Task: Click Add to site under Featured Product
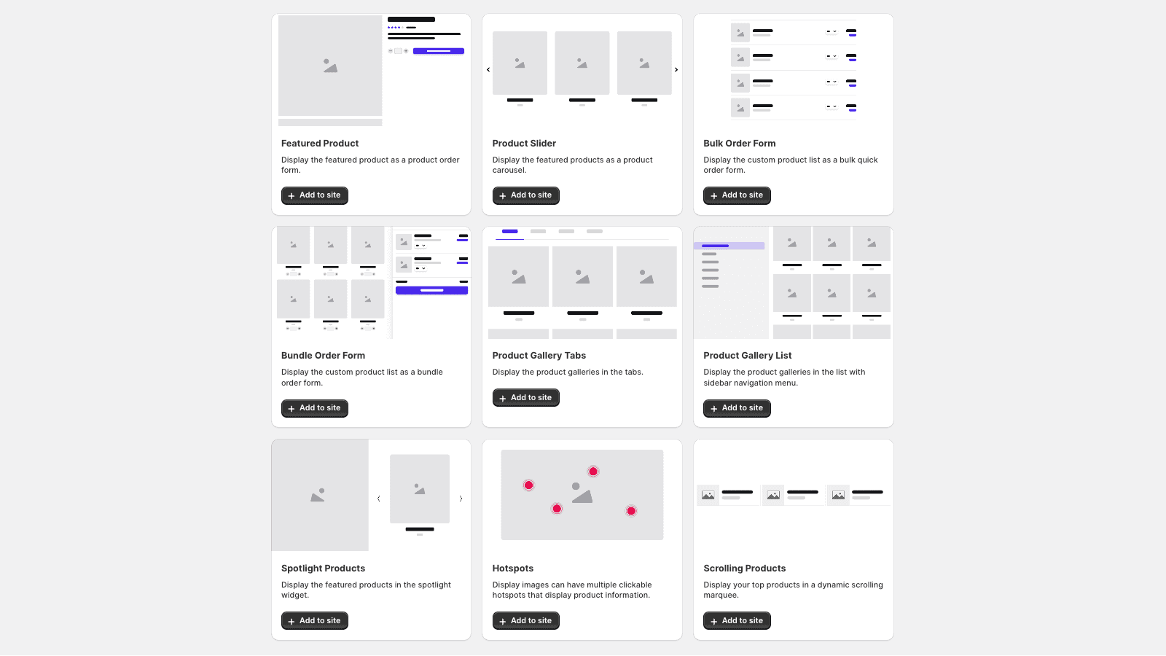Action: coord(315,195)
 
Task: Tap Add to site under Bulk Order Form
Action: coord(737,195)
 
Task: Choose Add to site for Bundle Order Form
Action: coord(315,408)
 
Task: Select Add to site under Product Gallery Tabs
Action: coord(525,398)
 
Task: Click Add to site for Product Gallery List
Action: coord(737,408)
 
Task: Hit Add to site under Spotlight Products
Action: coord(315,621)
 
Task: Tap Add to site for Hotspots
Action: coord(525,621)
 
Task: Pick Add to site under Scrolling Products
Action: coord(737,621)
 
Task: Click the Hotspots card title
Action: coord(513,569)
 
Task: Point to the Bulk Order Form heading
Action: coord(740,144)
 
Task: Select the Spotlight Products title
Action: coord(323,569)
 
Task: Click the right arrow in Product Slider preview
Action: coord(676,70)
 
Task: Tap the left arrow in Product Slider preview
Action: coord(488,70)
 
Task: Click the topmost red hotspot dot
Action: coord(593,472)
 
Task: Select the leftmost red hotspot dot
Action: coord(529,485)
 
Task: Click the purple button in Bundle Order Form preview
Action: coord(431,290)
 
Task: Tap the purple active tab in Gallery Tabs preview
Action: coord(510,232)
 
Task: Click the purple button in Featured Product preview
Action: coord(438,51)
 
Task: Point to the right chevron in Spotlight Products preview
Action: coord(461,499)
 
